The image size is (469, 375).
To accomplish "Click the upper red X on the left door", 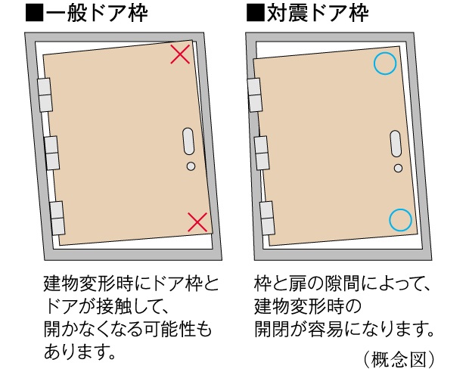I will click(180, 54).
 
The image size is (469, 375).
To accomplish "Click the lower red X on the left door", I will click(197, 222).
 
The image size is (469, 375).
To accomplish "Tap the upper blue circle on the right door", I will click(385, 64).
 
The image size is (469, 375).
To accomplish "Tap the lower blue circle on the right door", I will click(401, 220).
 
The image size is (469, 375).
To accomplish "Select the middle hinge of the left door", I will click(51, 153).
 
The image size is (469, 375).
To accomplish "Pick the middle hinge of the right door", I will click(262, 153).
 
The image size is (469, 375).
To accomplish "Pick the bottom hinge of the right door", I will click(267, 216).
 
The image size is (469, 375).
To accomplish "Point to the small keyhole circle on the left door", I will click(191, 166).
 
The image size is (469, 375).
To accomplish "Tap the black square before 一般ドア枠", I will click(34, 14).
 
